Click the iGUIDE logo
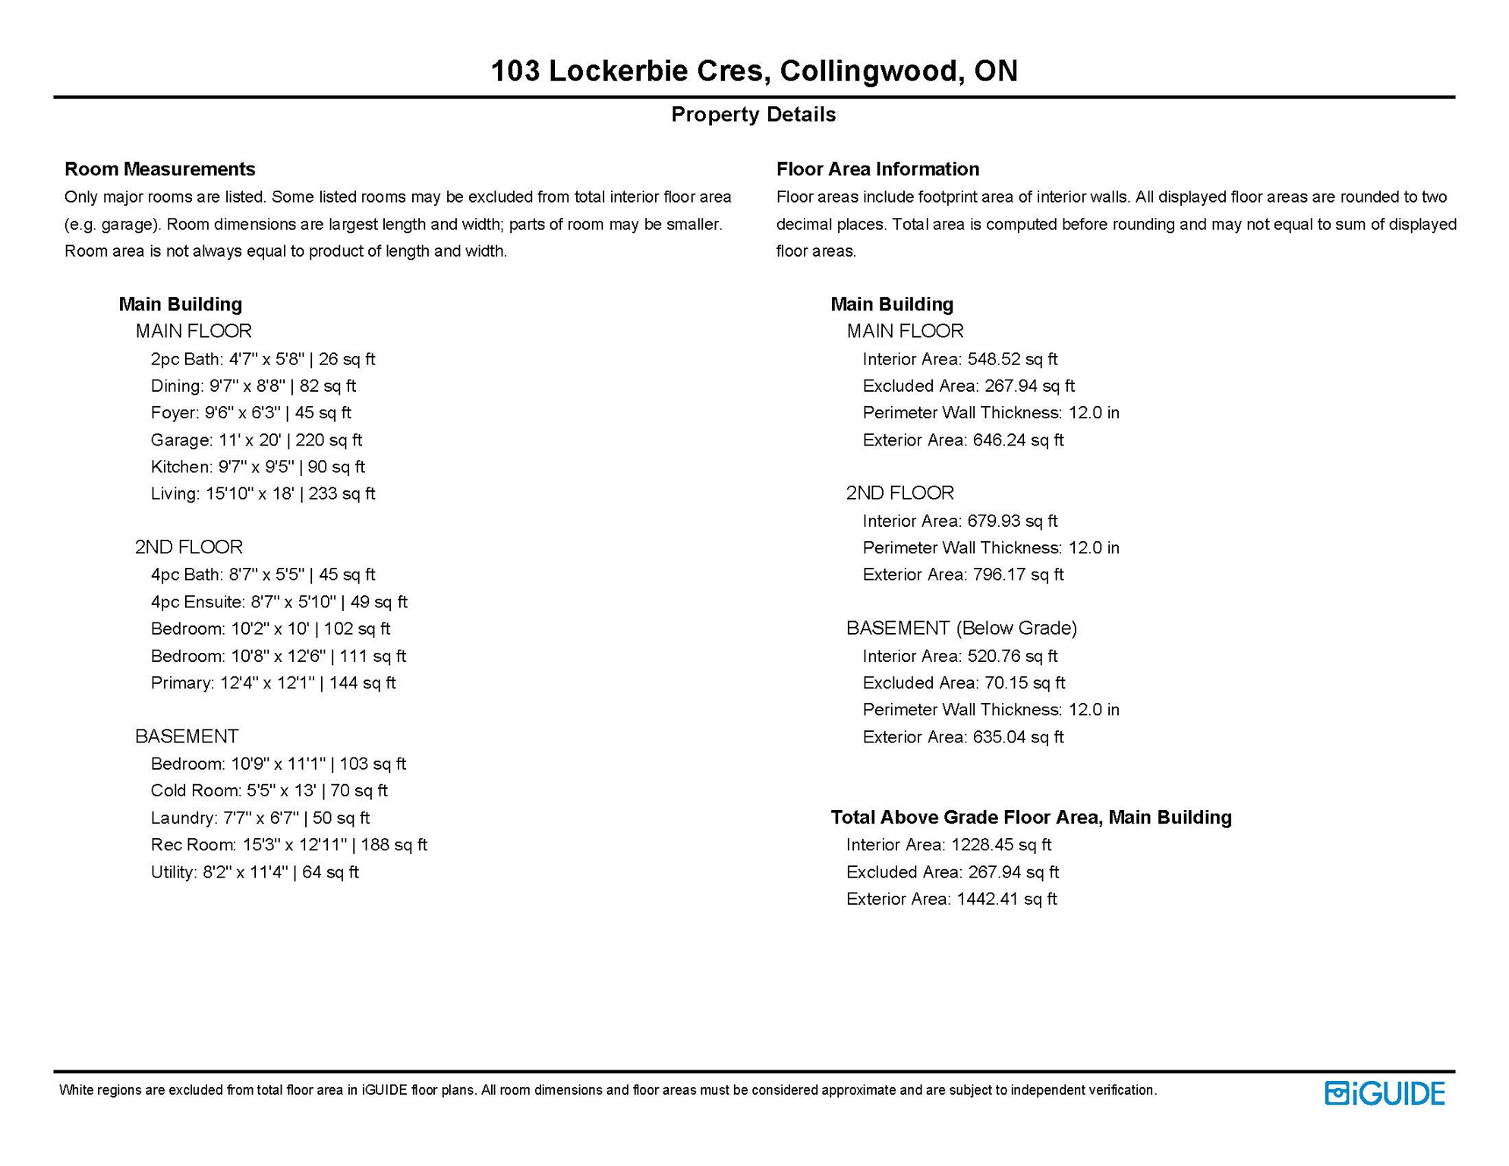[1385, 1093]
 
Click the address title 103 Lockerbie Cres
[754, 71]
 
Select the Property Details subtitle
[754, 115]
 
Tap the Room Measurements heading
[159, 169]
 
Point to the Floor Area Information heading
[877, 169]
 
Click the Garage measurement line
[256, 440]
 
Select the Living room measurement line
[263, 494]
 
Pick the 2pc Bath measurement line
[263, 359]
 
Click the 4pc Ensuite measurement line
[279, 602]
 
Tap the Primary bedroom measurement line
[273, 683]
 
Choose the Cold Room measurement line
[269, 791]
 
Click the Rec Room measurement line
[288, 845]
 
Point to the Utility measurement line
[254, 872]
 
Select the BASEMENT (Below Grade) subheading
[962, 628]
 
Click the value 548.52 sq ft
[1012, 359]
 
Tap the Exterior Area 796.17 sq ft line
[962, 575]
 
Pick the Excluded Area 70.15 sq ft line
[963, 683]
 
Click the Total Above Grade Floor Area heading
[1031, 818]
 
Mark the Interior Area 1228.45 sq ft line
[948, 845]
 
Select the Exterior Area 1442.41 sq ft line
[951, 899]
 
